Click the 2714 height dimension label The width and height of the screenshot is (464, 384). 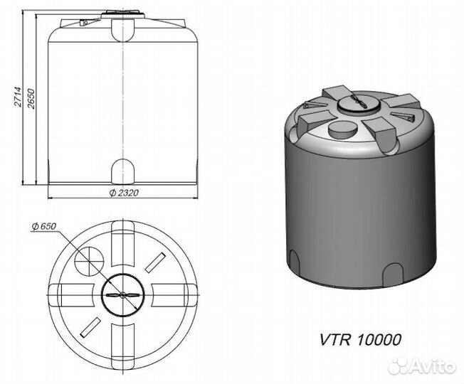click(x=18, y=97)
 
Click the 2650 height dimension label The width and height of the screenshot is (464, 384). click(x=31, y=98)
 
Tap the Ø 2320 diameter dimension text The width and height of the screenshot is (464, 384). click(x=124, y=193)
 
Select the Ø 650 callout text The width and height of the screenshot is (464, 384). click(x=44, y=226)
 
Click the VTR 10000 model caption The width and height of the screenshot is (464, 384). click(x=360, y=340)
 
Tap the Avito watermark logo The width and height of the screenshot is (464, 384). click(x=422, y=366)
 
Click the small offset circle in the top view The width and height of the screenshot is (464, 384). click(x=89, y=260)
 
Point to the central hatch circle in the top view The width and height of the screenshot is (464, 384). click(x=123, y=294)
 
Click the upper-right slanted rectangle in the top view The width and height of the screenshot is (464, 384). click(x=155, y=262)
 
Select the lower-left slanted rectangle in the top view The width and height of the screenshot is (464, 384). click(x=90, y=328)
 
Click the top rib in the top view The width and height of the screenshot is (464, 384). click(x=123, y=243)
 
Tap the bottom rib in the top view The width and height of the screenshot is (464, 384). click(x=123, y=346)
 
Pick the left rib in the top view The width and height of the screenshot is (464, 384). click(x=71, y=295)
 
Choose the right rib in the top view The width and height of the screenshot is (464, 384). click(x=174, y=295)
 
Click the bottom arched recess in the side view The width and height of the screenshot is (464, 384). click(x=123, y=171)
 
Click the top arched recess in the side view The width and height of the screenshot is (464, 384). click(x=123, y=30)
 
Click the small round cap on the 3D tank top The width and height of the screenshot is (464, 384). click(x=342, y=130)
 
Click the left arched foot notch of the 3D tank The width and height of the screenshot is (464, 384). click(x=294, y=261)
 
